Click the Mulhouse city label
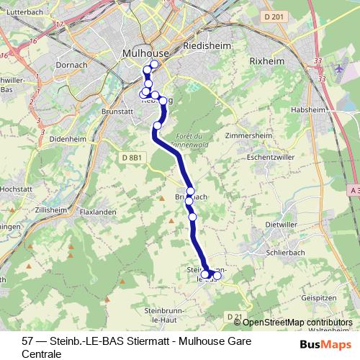click(x=145, y=53)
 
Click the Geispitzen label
click(x=320, y=297)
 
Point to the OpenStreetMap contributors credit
click(x=297, y=323)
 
